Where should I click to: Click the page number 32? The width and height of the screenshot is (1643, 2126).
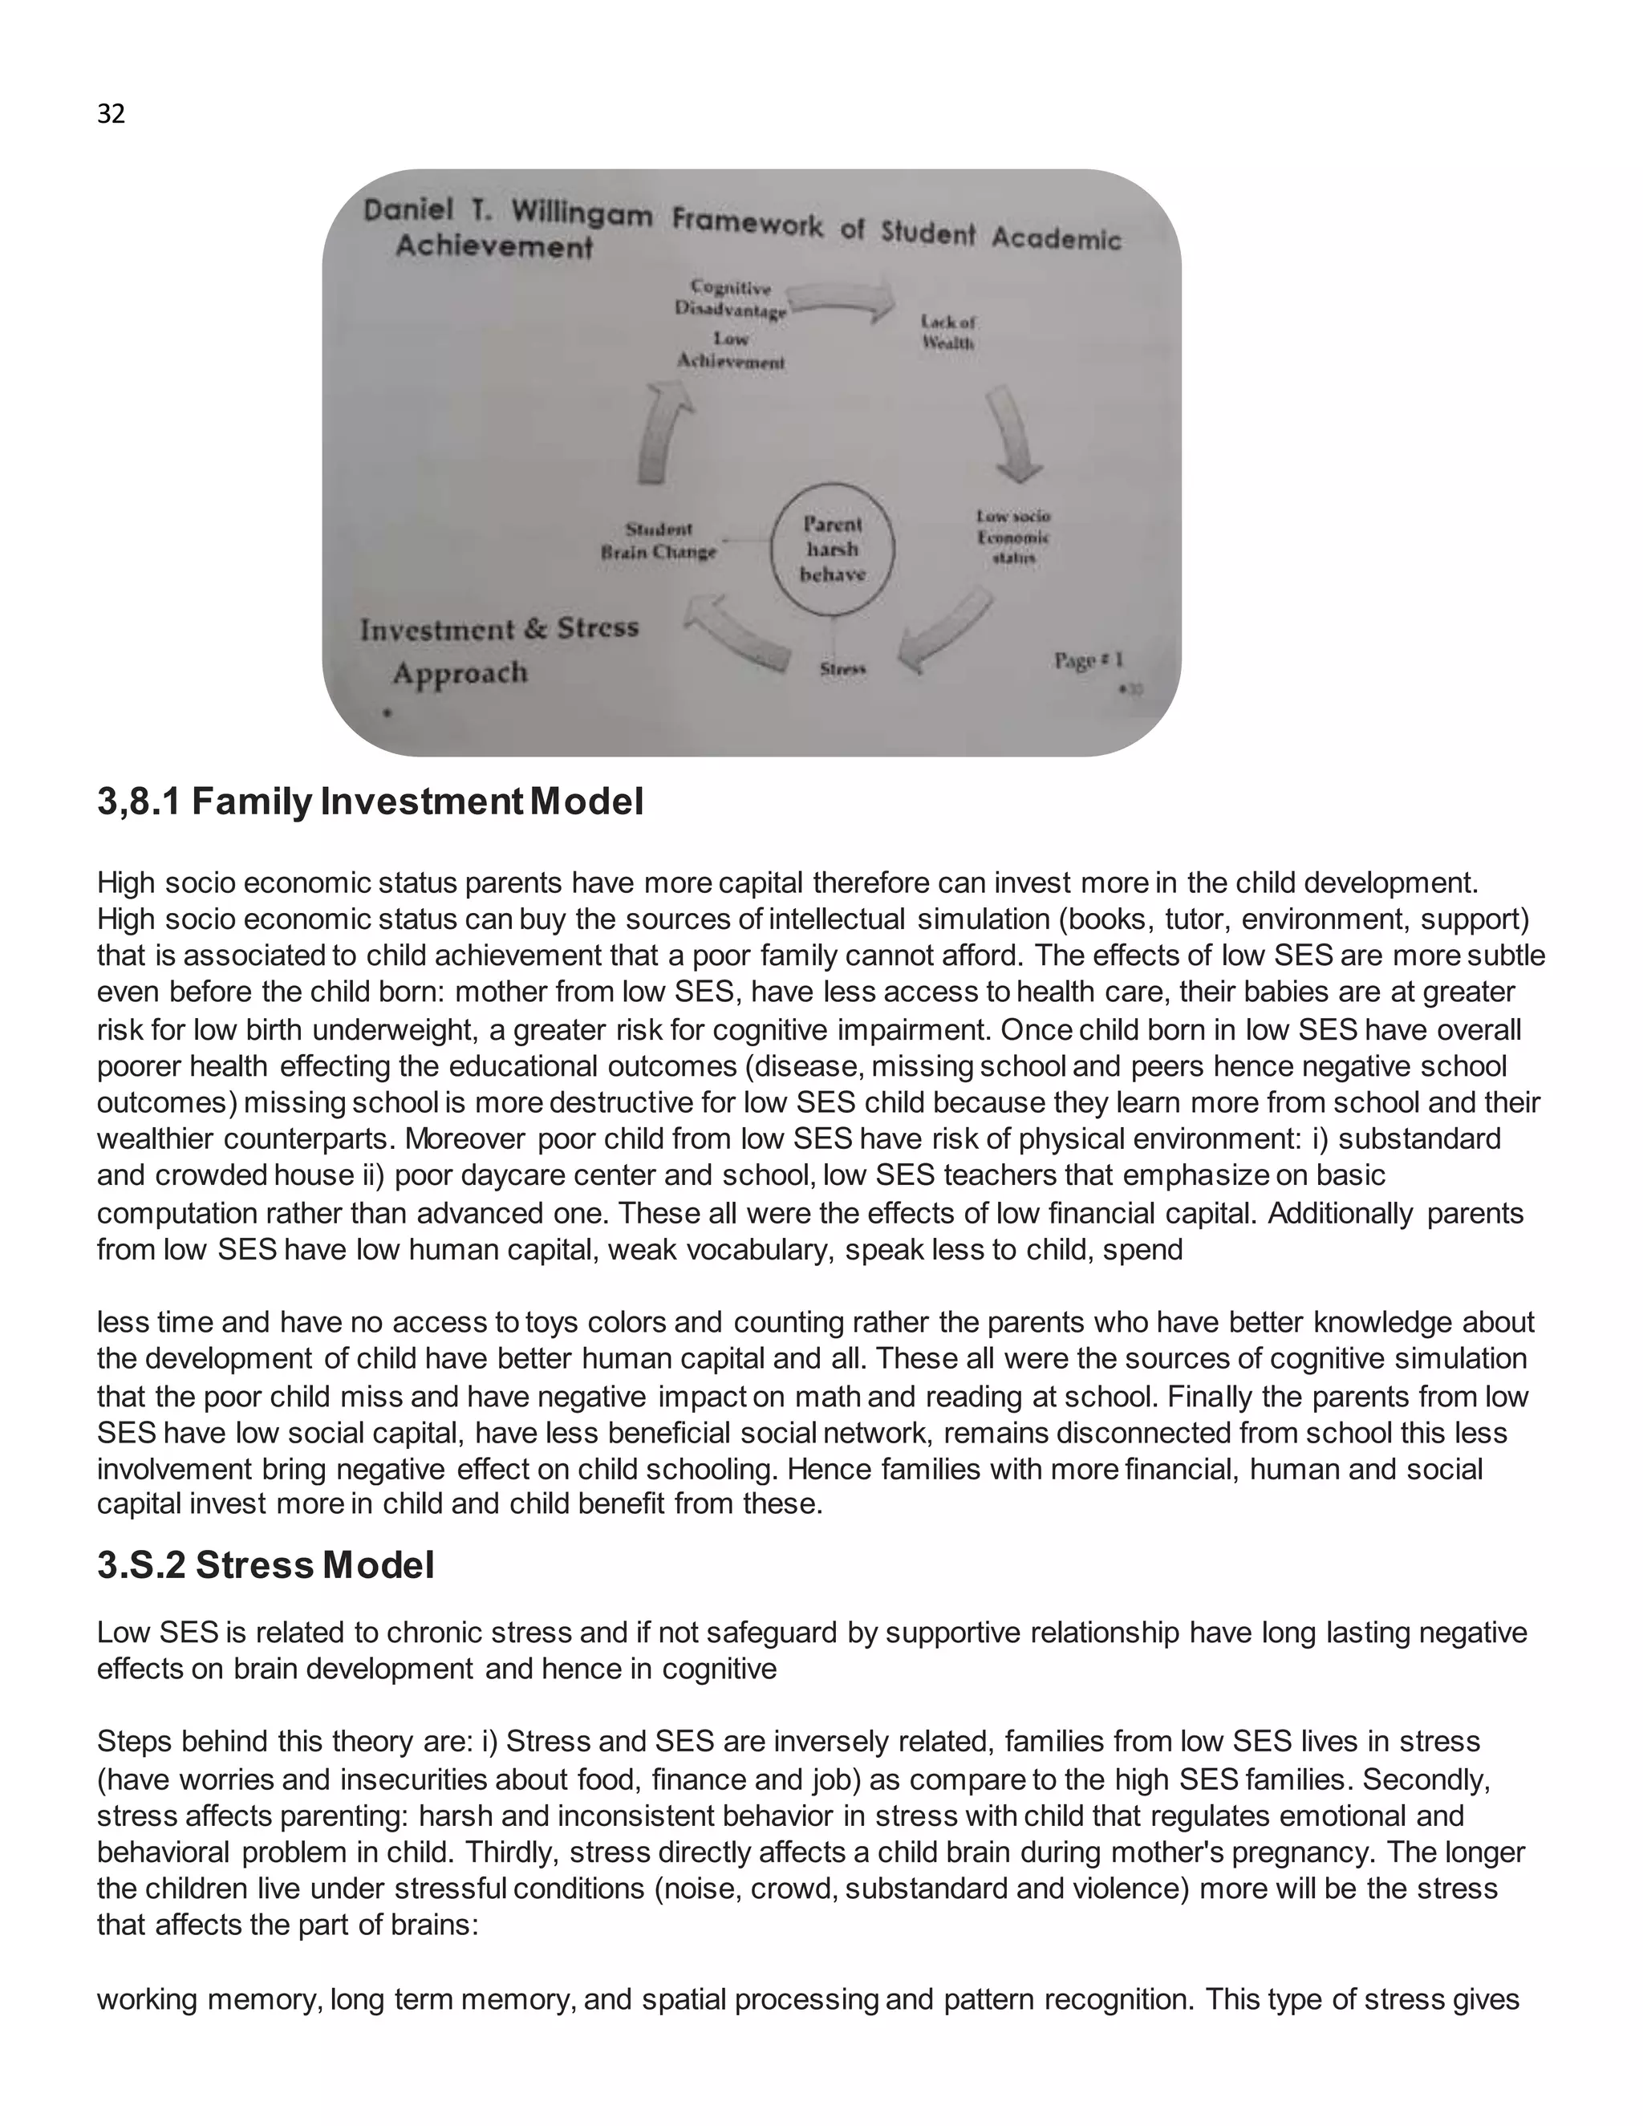pos(111,115)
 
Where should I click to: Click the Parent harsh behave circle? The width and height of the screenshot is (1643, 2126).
pos(832,551)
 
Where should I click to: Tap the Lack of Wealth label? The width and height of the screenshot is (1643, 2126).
pos(948,332)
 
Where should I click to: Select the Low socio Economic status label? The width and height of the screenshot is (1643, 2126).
pos(1013,538)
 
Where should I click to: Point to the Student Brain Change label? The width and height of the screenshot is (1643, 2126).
pos(659,540)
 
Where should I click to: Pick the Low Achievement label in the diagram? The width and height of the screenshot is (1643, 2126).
pos(730,351)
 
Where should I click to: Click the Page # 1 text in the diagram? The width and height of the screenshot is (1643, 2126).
pos(1088,661)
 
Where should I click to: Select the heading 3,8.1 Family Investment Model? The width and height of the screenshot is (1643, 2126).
pos(370,802)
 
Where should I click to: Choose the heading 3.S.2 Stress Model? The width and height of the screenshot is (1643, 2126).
pos(266,1565)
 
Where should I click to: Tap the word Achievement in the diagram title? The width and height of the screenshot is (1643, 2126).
pos(493,246)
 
